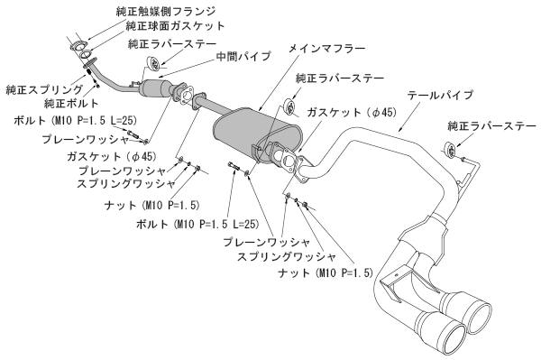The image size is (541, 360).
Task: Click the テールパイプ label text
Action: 440,94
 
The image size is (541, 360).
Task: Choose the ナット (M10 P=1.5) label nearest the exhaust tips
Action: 326,272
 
